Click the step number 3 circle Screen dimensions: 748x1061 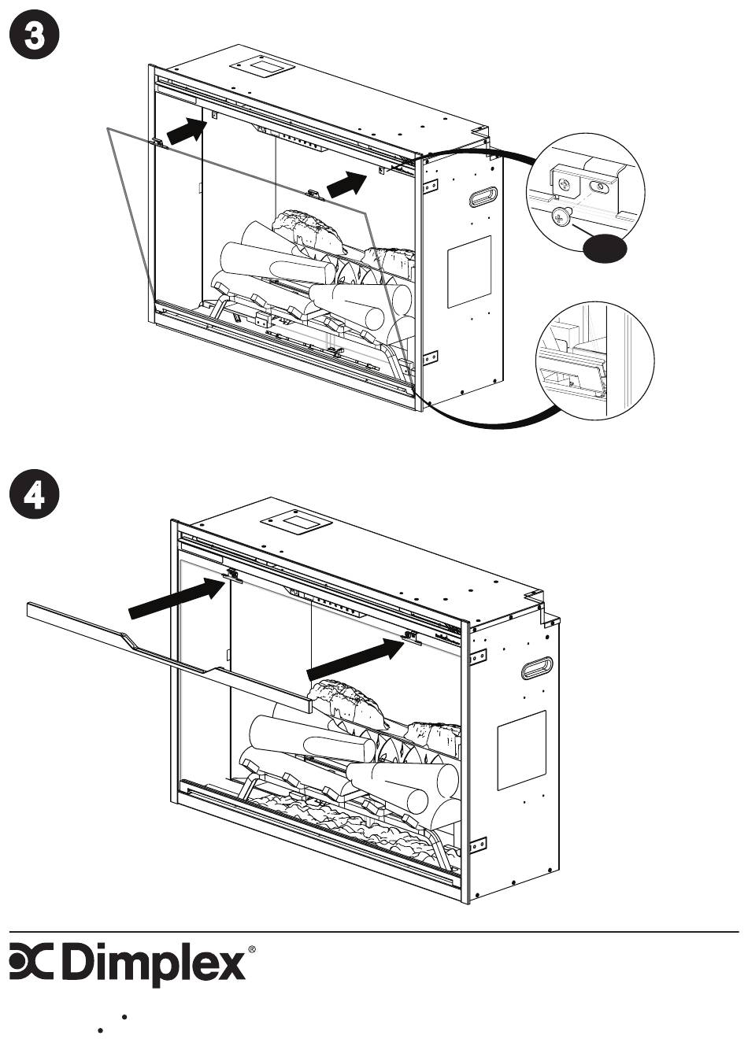click(x=35, y=35)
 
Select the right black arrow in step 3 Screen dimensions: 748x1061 click(x=347, y=184)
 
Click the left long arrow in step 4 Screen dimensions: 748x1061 click(x=177, y=597)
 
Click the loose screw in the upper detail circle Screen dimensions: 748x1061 click(x=561, y=218)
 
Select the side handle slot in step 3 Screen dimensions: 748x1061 click(x=483, y=196)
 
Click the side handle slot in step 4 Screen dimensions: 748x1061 click(x=537, y=668)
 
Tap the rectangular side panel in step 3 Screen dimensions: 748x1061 click(x=469, y=272)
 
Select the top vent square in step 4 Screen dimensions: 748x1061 click(x=297, y=523)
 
